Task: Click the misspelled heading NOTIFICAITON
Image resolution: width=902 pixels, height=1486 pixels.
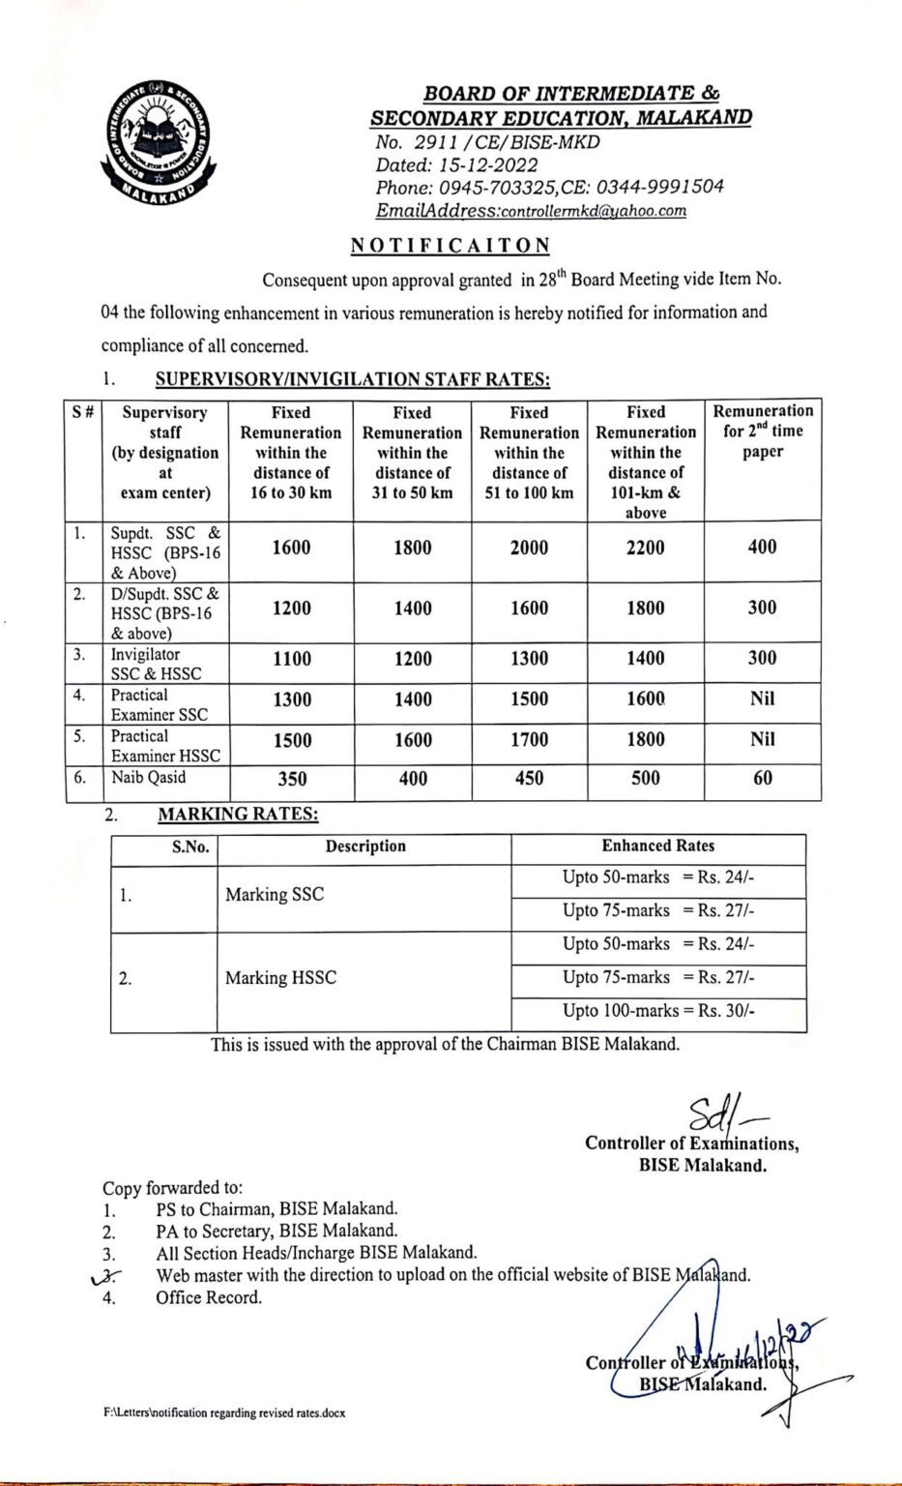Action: pyautogui.click(x=450, y=245)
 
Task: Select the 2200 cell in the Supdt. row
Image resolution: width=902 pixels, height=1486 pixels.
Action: pyautogui.click(x=645, y=548)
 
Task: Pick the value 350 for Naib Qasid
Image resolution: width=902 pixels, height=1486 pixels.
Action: pyautogui.click(x=292, y=779)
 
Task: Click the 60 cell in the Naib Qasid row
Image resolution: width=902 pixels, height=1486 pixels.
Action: pyautogui.click(x=762, y=778)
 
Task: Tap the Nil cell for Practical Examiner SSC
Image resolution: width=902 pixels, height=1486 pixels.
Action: pyautogui.click(x=762, y=698)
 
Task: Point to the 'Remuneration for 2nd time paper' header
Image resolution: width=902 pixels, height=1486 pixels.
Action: pyautogui.click(x=763, y=431)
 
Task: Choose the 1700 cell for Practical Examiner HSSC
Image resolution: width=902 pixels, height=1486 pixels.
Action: pyautogui.click(x=529, y=740)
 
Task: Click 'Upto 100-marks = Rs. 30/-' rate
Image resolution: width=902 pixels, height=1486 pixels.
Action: pyautogui.click(x=658, y=1011)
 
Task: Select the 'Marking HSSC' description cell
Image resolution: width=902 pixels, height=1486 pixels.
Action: pyautogui.click(x=281, y=978)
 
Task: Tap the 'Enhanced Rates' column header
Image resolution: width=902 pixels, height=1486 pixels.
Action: pyautogui.click(x=658, y=846)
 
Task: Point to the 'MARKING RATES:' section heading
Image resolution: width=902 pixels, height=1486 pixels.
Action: pyautogui.click(x=238, y=815)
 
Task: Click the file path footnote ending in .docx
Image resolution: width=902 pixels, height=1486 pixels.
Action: pyautogui.click(x=224, y=1413)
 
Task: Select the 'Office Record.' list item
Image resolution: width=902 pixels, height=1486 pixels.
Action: pyautogui.click(x=209, y=1297)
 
